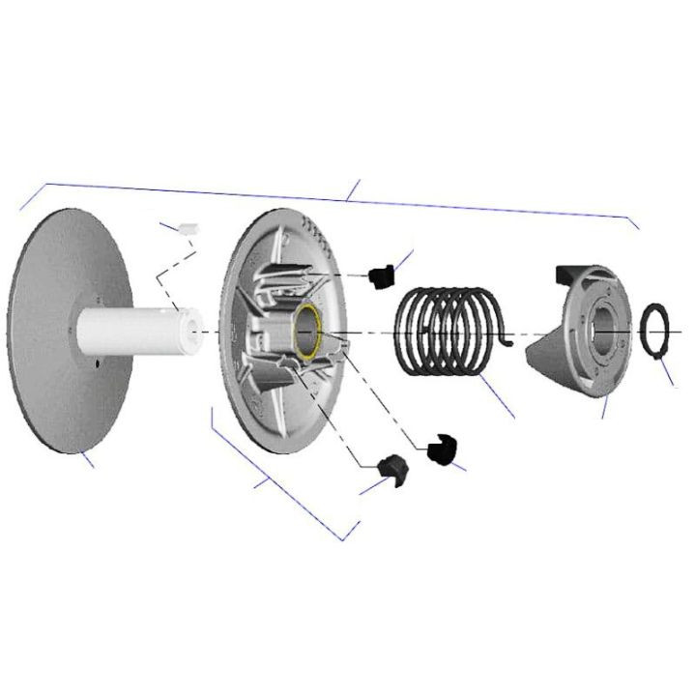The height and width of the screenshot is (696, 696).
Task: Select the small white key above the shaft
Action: pos(185,228)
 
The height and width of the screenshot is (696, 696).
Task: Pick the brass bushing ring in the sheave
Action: pos(310,330)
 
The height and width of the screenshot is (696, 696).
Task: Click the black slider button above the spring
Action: pos(379,275)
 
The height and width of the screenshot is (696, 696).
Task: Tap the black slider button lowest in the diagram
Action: pos(394,469)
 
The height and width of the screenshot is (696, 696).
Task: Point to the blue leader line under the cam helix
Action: pos(604,407)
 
